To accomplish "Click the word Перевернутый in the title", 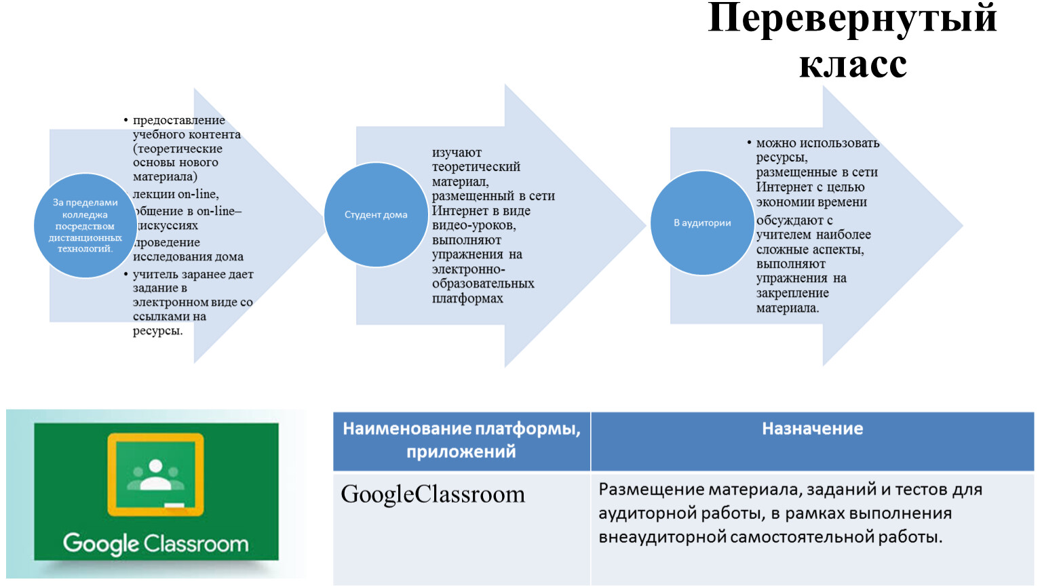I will click(x=852, y=19).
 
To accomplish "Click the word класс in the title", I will click(x=853, y=64).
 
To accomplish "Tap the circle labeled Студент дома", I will click(x=376, y=214).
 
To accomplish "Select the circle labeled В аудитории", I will click(x=702, y=222).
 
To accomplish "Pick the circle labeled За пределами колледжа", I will click(x=85, y=225).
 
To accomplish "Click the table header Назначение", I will click(x=812, y=429).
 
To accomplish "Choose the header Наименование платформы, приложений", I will click(x=461, y=440).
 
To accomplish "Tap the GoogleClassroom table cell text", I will click(x=433, y=494).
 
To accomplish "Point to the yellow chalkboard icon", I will click(x=155, y=475).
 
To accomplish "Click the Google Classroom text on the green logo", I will click(x=155, y=544).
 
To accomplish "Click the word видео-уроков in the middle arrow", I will click(x=474, y=225).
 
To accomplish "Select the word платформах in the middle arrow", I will click(x=467, y=298).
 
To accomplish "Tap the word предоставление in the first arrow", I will click(x=179, y=120).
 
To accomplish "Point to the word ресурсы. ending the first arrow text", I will click(x=157, y=331).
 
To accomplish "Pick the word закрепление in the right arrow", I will click(x=792, y=293).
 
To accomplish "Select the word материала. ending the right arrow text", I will click(x=788, y=308).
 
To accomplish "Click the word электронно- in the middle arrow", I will click(x=468, y=269).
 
